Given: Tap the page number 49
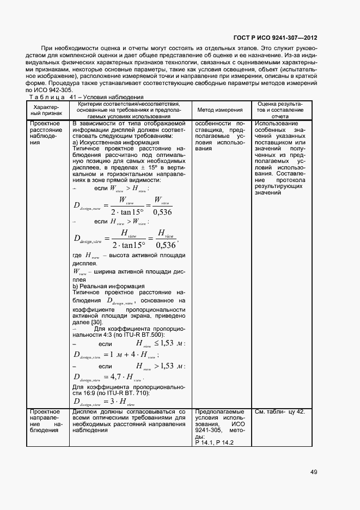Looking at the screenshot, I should point(314,472).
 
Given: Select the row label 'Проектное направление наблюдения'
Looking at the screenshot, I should point(46,421).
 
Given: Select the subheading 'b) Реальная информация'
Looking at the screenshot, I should point(108,286).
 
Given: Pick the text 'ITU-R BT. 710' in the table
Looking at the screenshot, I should point(114,392).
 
